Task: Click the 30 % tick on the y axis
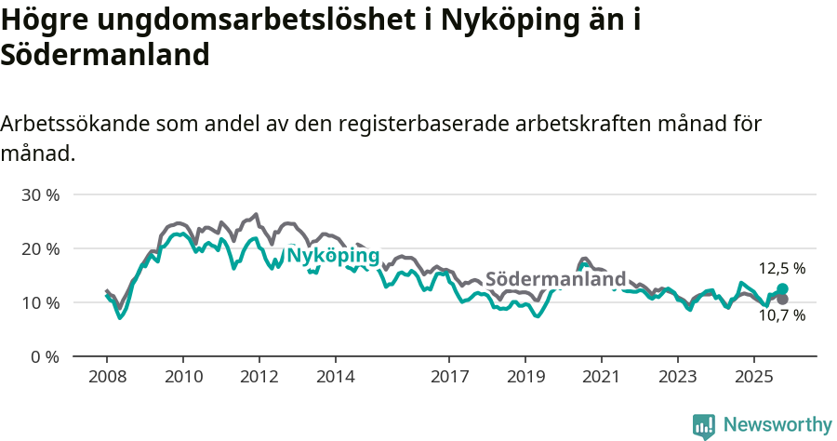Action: coord(40,195)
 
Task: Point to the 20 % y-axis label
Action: coord(40,249)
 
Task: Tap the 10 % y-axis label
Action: coord(40,303)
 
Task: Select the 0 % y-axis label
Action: coord(44,357)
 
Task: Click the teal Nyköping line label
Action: coord(333,256)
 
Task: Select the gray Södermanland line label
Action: coord(556,280)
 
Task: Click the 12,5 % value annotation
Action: coord(782,269)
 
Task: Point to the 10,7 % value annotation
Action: coord(782,316)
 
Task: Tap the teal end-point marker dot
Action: coord(782,289)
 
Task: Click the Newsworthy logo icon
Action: coord(704,426)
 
